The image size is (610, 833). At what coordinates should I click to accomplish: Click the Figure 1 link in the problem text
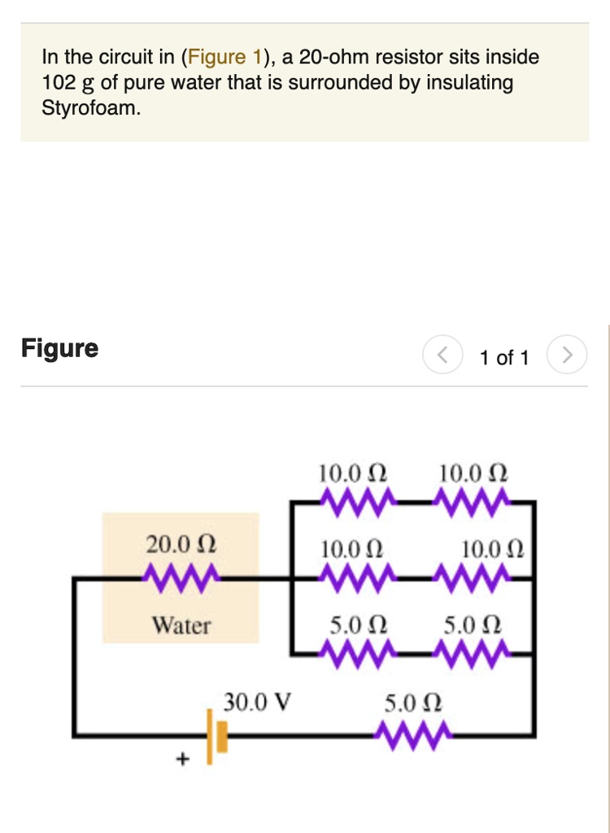click(x=226, y=57)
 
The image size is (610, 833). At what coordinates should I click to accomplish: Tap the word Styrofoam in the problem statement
click(x=90, y=108)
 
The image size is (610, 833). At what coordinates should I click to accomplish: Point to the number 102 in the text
click(x=58, y=83)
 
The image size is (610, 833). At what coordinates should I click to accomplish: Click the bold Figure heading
click(x=59, y=348)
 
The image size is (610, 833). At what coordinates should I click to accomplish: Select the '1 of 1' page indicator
click(x=504, y=357)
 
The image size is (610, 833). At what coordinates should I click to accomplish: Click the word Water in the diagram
click(x=181, y=626)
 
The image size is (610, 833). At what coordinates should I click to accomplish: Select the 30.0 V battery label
click(x=258, y=701)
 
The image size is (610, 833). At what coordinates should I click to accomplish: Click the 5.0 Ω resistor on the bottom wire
click(x=412, y=736)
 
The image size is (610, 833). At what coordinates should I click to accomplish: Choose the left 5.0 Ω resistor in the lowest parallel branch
click(x=356, y=651)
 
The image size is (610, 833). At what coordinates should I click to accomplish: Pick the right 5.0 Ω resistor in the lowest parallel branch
click(x=473, y=651)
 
